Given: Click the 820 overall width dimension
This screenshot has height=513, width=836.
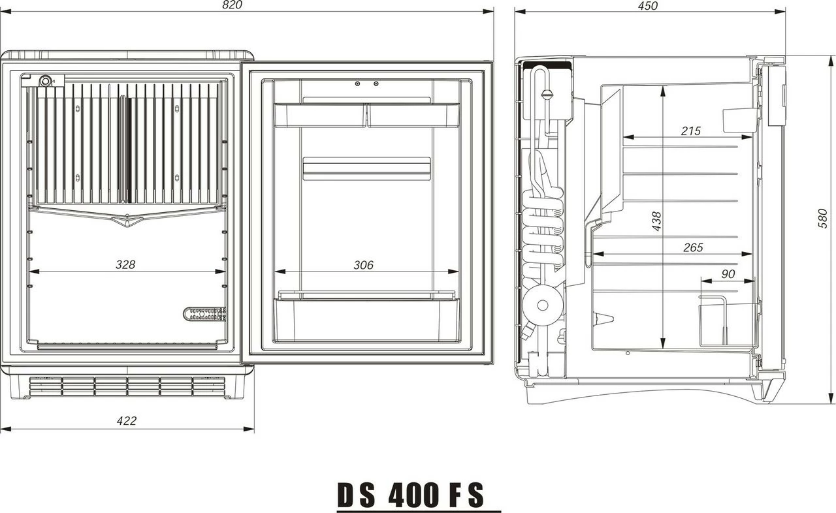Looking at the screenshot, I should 232,5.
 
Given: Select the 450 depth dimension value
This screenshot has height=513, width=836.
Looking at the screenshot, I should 647,5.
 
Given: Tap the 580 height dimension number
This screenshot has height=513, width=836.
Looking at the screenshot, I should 823,218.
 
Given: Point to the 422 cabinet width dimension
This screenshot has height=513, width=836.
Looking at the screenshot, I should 126,421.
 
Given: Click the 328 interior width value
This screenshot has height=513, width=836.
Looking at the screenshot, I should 125,264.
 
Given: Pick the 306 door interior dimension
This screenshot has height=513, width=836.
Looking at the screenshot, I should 363,264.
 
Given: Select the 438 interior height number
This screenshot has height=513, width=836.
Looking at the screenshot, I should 657,221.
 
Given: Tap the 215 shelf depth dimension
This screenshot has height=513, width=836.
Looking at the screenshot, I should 690,131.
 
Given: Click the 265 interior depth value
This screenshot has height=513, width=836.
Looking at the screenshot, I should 693,247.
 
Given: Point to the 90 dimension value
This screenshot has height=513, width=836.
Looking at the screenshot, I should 728,275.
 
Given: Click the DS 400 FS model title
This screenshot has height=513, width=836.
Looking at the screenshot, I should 412,496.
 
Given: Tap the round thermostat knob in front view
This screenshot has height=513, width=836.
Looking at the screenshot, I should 46,81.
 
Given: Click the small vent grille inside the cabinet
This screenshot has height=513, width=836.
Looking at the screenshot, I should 204,314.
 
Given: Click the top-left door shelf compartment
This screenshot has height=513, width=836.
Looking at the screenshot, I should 319,115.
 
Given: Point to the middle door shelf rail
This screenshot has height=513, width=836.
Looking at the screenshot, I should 366,168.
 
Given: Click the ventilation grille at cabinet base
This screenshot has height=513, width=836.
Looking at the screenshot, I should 127,386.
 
